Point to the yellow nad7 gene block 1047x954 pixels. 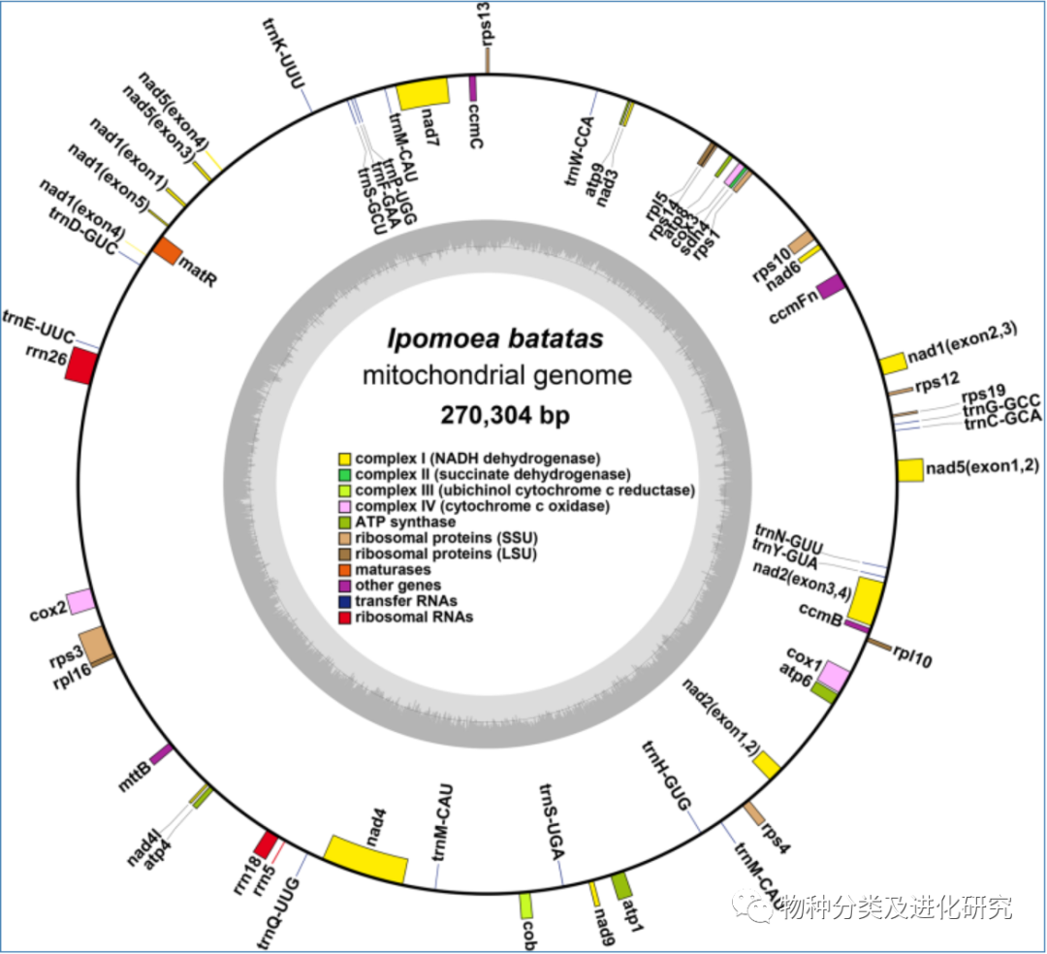[424, 93]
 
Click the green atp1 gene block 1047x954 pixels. [622, 884]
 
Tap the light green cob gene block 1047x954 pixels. [526, 906]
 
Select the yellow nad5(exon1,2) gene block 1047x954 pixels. [909, 470]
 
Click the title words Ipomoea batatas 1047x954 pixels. [495, 339]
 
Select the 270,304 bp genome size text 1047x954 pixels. [494, 416]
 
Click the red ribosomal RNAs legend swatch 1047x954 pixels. [344, 617]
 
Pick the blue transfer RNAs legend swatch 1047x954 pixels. [344, 601]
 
